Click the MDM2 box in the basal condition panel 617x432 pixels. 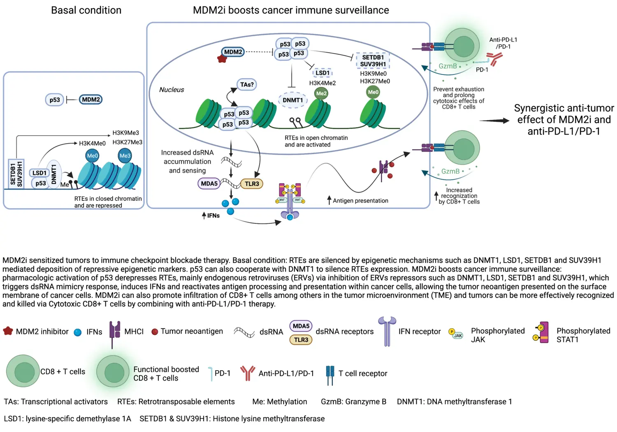coord(90,100)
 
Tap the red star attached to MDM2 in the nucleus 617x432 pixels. coord(222,58)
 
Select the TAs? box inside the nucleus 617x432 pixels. coord(247,84)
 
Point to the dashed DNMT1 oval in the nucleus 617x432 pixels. coord(292,100)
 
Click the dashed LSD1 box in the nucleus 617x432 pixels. coord(322,73)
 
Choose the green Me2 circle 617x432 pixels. coord(321,93)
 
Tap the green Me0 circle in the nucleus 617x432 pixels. coord(373,92)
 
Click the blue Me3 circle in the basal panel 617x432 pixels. coord(125,156)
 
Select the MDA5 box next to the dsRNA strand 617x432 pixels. coord(209,183)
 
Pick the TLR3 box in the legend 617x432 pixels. coord(301,340)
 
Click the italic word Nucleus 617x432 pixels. coord(172,90)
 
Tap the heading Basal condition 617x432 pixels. coord(86,10)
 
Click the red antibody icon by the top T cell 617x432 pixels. coord(494,59)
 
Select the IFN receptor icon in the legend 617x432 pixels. coord(387,331)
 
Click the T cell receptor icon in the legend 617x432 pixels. coord(330,374)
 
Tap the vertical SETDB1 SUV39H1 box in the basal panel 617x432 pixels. coord(16,174)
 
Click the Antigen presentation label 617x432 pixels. coord(360,201)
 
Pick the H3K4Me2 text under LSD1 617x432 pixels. coord(322,83)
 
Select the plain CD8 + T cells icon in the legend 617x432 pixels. coord(23,371)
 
